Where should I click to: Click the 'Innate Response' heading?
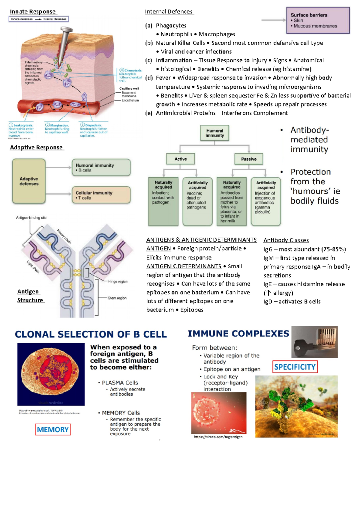(33, 12)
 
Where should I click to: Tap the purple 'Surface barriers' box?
(318, 20)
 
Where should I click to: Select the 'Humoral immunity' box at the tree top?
(214, 133)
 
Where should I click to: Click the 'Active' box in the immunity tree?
(181, 159)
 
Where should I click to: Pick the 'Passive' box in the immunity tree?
(249, 159)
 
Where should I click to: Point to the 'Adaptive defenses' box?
(29, 181)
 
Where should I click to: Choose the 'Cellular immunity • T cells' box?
(101, 195)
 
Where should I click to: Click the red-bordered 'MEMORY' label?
(53, 430)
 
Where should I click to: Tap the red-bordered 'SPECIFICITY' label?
(295, 367)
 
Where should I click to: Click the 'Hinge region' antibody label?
(118, 281)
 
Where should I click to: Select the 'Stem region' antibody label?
(117, 298)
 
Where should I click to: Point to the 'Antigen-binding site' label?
(31, 218)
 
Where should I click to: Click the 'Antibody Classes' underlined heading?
(286, 240)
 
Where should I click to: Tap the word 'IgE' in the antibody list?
(268, 284)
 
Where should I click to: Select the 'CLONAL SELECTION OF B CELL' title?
(91, 334)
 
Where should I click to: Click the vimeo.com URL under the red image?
(218, 437)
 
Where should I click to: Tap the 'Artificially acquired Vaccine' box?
(197, 201)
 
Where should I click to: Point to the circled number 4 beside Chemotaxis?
(122, 70)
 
